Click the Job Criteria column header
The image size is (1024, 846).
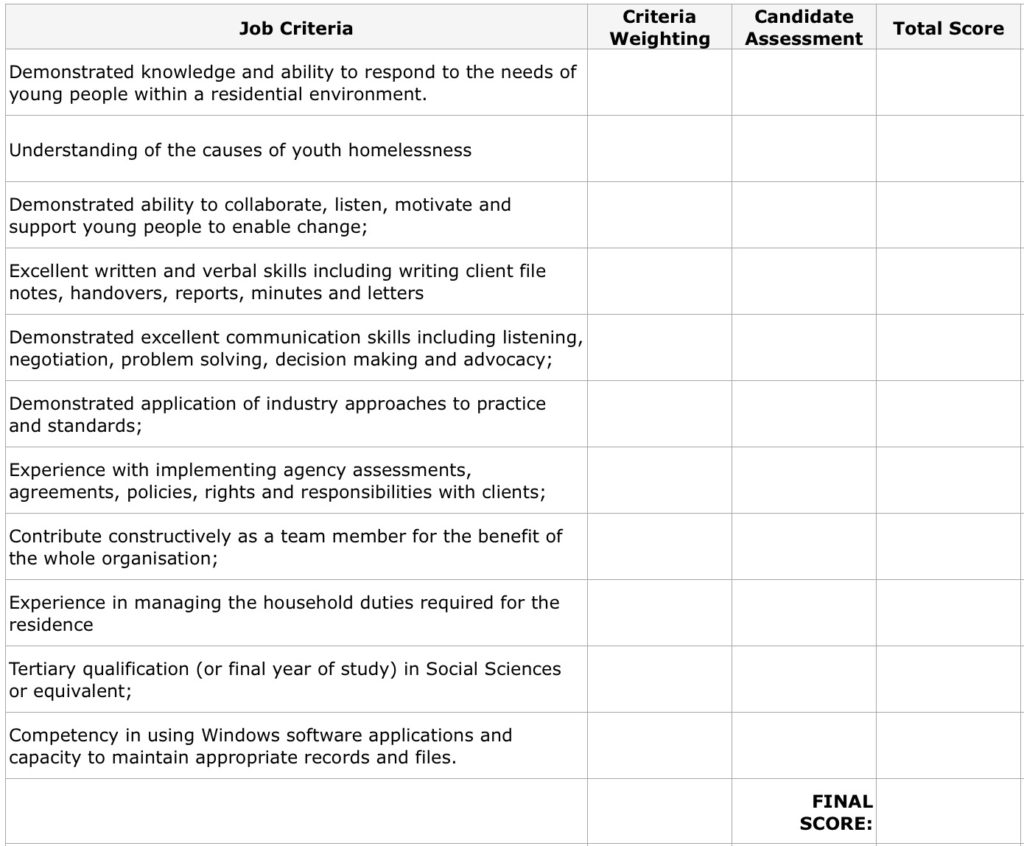tap(296, 28)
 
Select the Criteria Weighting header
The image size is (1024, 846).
tap(659, 28)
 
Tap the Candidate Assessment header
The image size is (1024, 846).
tap(803, 28)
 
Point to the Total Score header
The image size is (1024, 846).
tap(948, 28)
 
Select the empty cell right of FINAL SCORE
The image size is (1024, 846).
tap(949, 812)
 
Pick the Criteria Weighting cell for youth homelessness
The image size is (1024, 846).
tap(659, 149)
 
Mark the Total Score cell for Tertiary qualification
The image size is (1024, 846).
tap(949, 679)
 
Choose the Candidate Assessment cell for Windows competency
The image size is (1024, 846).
tap(803, 745)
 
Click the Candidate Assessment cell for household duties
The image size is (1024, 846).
tap(803, 613)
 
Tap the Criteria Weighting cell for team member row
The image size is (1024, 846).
tap(659, 547)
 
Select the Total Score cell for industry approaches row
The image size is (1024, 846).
tap(949, 414)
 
